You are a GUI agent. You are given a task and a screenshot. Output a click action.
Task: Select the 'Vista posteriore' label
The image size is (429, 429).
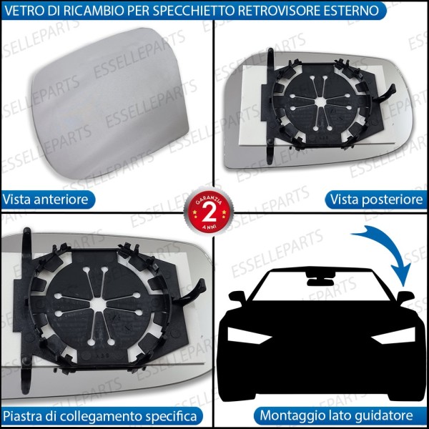(375, 198)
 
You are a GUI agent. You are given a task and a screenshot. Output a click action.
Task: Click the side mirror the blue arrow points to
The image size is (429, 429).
(405, 295)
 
